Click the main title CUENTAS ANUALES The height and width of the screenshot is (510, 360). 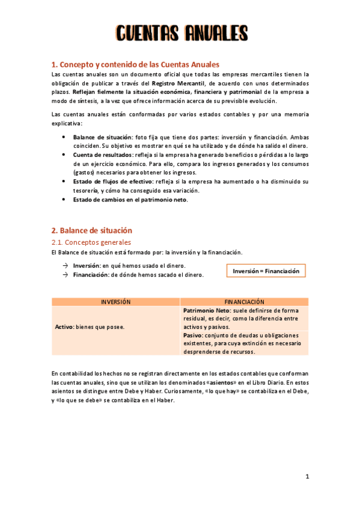181,32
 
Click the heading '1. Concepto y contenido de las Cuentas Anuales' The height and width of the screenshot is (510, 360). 135,64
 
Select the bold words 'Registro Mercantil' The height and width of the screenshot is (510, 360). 177,83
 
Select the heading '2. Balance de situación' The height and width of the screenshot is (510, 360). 92,230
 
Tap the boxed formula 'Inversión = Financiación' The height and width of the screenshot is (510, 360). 266,271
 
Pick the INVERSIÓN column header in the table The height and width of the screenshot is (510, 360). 115,301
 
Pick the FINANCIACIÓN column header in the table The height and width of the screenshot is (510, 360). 244,301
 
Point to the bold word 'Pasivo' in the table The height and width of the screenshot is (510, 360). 193,335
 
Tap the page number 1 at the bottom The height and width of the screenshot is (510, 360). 307,476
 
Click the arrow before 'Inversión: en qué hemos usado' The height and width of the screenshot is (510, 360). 64,266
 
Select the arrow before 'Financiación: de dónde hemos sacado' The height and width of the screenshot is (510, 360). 64,275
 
